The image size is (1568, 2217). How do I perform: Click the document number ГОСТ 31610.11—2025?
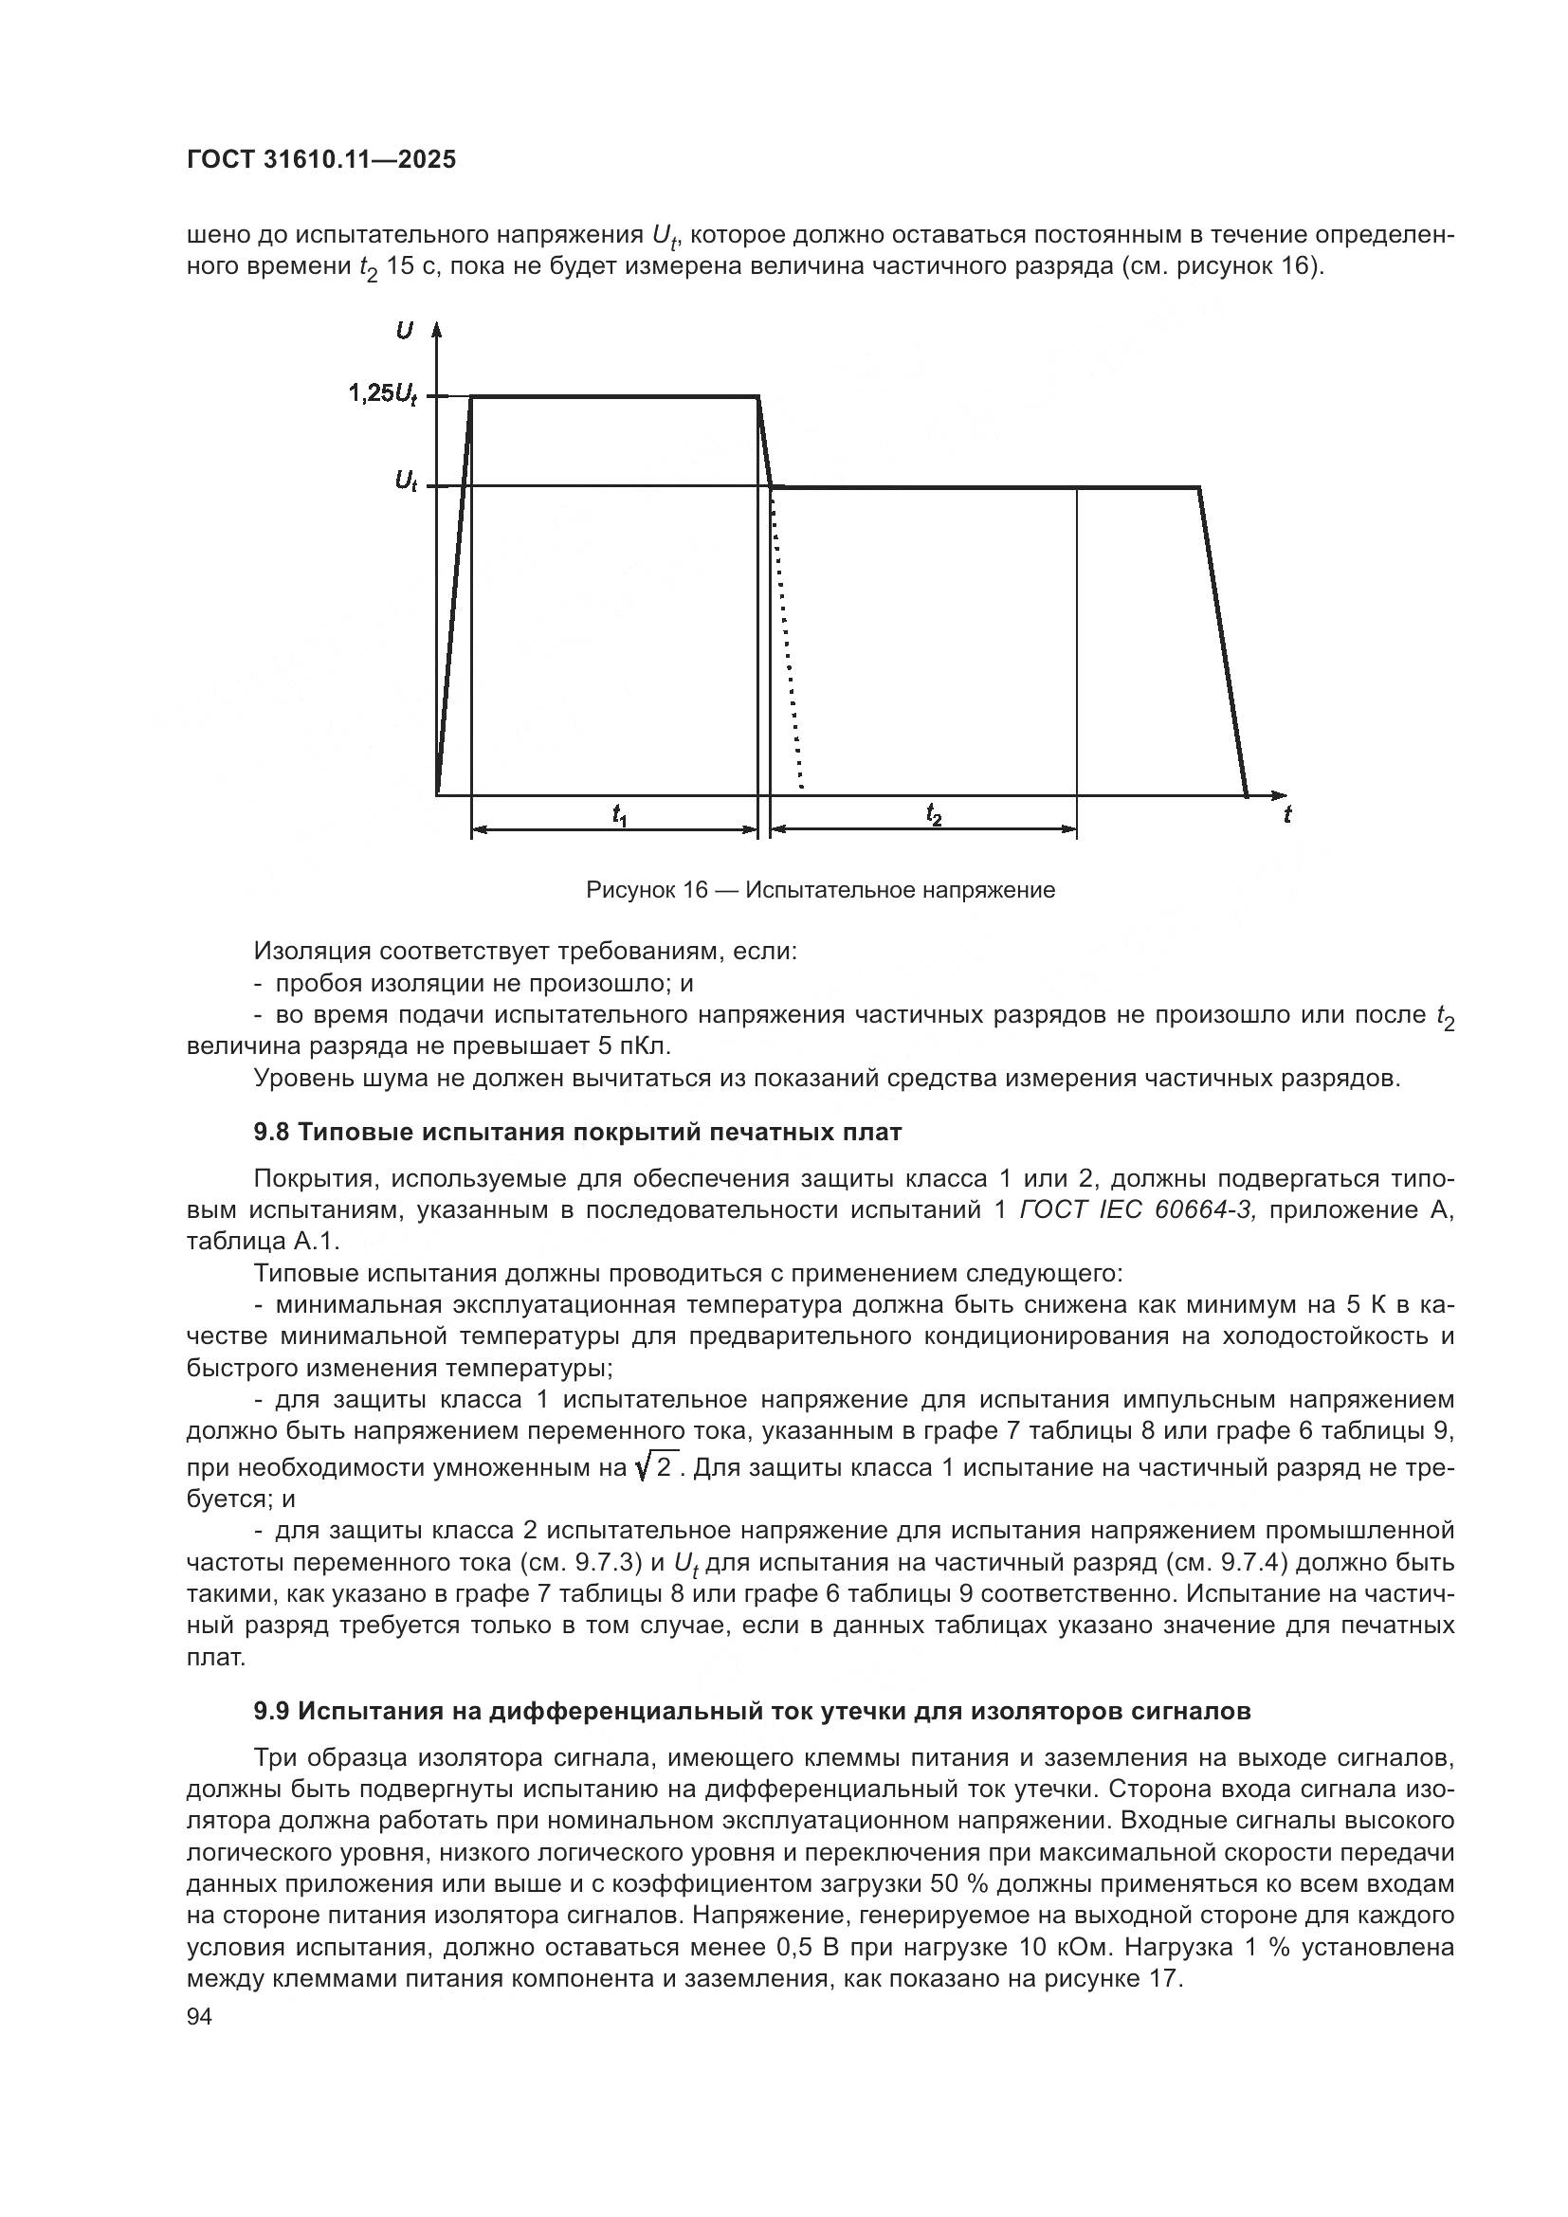320,160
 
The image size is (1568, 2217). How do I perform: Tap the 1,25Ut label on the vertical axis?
382,394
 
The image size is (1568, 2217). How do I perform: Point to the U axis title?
404,331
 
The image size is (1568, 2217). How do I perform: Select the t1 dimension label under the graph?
619,817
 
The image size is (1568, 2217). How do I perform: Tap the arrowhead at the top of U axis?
436,328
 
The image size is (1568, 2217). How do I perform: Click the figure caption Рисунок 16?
820,890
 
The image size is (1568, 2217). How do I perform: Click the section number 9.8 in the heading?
271,1133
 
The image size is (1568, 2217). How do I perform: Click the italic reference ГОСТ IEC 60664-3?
1137,1209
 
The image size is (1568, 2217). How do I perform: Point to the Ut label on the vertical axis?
406,481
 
